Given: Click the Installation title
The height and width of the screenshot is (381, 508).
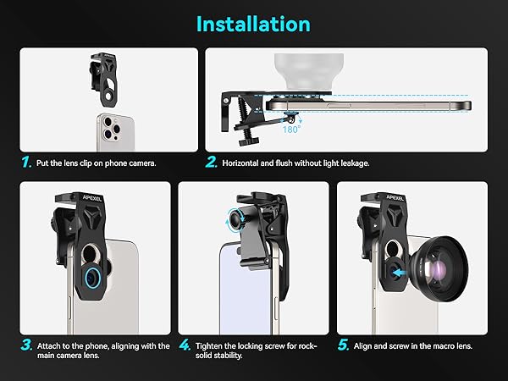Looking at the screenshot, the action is [x=253, y=25].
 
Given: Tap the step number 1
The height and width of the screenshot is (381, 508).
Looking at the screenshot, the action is [x=26, y=162].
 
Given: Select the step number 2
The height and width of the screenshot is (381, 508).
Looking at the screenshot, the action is [x=211, y=162].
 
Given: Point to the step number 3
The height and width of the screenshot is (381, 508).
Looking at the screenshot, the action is [x=26, y=345].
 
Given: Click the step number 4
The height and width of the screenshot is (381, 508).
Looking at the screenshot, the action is [x=185, y=345].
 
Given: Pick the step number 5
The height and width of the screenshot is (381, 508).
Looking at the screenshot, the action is [x=343, y=345].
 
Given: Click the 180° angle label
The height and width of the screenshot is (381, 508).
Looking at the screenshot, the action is [x=291, y=130].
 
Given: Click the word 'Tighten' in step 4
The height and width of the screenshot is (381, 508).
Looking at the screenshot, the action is [x=208, y=346].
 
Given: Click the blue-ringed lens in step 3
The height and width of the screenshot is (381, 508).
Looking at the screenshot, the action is [x=93, y=278].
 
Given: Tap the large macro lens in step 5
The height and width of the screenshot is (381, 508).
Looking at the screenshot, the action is [x=439, y=268].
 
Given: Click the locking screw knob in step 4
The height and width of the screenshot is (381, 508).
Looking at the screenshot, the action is [x=235, y=220].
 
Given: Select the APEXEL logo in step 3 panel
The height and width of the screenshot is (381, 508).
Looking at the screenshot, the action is [x=91, y=197].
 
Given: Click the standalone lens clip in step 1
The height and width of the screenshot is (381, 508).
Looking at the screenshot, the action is [x=103, y=80].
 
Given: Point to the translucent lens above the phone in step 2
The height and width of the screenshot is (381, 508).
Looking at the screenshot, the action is [x=309, y=72].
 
